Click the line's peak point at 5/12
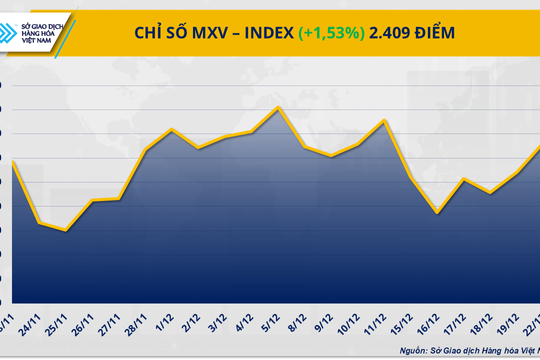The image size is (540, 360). tap(277, 107)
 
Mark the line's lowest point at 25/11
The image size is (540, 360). tap(65, 230)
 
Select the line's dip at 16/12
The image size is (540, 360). tap(438, 213)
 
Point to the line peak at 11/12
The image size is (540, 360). tap(385, 120)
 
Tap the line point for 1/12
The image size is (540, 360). tap(173, 129)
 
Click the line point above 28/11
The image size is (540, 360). tap(146, 150)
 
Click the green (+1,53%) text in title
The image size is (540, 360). tap(333, 32)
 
